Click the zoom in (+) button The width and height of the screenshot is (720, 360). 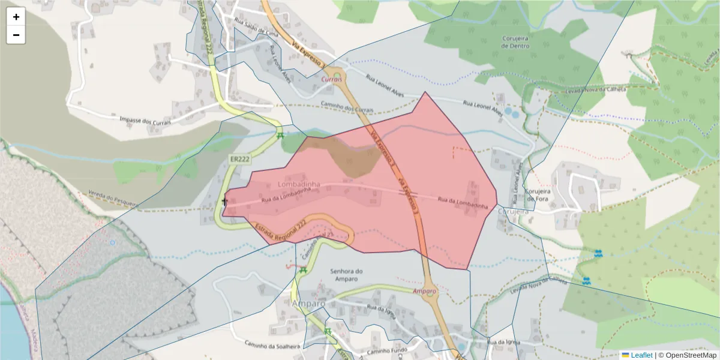pos(16,17)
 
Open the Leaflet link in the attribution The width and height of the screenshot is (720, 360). pos(641,355)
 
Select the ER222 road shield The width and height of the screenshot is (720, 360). pos(239,159)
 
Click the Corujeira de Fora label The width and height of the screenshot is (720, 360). pos(539,196)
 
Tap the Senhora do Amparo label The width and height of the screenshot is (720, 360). pos(347,275)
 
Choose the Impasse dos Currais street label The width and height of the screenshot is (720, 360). pos(145,120)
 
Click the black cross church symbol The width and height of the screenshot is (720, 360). pos(224,202)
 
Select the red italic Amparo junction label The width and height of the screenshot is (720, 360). pos(424,291)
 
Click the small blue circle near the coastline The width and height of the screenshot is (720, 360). pos(112,243)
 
